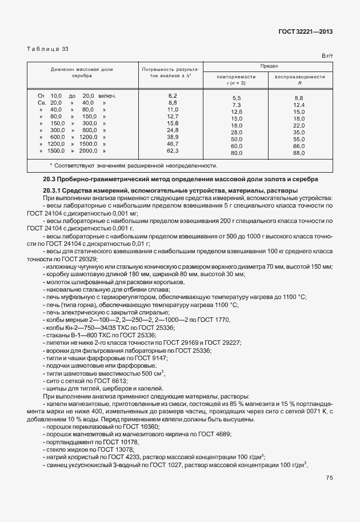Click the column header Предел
[268, 67]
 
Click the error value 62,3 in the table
[173, 151]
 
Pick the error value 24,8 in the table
[173, 130]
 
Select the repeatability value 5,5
[237, 98]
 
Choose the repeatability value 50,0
[237, 140]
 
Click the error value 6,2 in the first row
[173, 95]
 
